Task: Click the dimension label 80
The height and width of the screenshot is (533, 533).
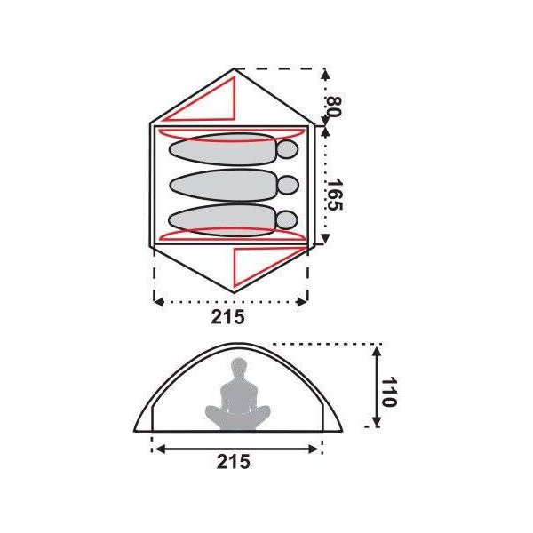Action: point(333,107)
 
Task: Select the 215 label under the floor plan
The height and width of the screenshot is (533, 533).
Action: point(227,317)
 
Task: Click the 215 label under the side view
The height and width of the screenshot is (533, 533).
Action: point(233,462)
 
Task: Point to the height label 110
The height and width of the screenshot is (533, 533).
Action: point(388,392)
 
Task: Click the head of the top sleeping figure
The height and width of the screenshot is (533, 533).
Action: point(288,149)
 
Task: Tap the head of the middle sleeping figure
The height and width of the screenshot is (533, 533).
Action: point(288,186)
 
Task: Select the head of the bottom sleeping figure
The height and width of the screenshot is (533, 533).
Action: point(288,220)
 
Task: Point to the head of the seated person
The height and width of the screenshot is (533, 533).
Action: point(239,367)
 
